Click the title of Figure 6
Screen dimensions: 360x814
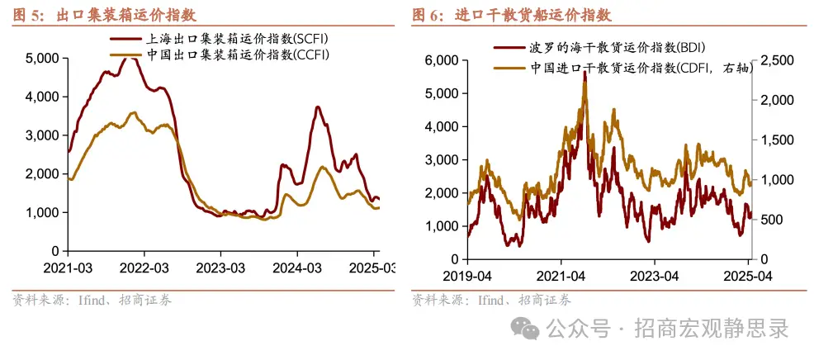[512, 15]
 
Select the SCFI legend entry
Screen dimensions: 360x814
[223, 39]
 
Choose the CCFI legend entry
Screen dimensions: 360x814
[223, 55]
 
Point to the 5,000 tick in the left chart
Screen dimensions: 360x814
[42, 58]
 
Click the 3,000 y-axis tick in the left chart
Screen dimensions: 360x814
[42, 135]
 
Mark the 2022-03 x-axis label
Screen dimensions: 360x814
[144, 268]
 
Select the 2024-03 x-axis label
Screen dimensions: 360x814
[298, 268]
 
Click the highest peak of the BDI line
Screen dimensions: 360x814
[584, 72]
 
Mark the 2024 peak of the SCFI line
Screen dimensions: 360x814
[316, 107]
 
